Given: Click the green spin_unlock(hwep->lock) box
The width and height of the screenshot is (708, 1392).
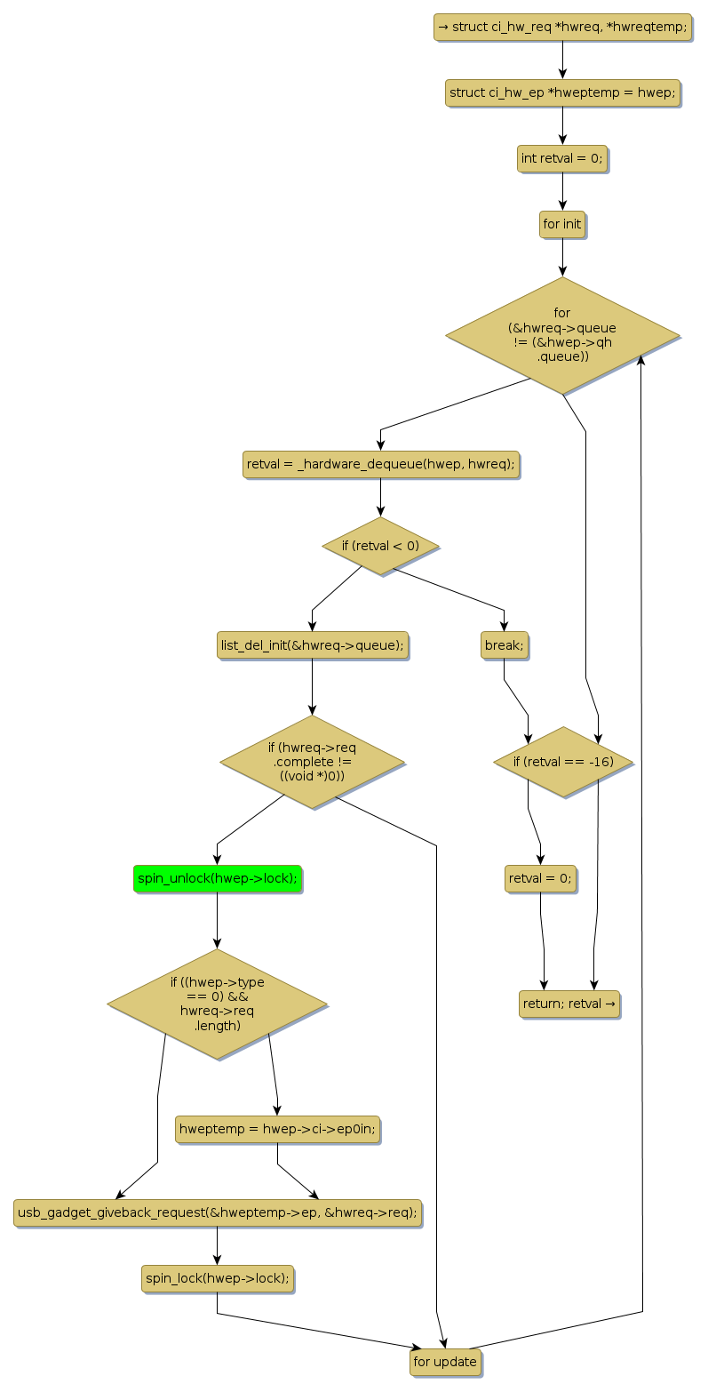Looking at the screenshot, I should [218, 878].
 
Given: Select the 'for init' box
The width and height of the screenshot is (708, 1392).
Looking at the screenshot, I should [562, 224].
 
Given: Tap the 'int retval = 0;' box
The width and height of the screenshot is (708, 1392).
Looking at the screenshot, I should [562, 158].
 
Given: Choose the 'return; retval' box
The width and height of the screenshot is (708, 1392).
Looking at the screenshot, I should [569, 1004].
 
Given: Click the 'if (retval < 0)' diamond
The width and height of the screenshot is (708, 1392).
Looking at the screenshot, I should [380, 546].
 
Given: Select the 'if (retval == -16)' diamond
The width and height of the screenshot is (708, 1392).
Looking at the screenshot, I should [563, 762].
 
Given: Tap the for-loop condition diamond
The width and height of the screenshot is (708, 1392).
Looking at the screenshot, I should [562, 335].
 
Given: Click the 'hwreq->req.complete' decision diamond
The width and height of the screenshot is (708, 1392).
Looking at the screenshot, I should [312, 762].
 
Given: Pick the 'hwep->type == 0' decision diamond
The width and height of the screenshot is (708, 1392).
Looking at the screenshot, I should [218, 1004].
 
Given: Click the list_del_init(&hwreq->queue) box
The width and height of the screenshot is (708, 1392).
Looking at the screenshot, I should [312, 645].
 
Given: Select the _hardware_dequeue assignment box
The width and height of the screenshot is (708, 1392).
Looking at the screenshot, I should [380, 464].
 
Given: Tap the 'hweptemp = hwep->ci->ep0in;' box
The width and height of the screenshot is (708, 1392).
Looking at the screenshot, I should [278, 1129].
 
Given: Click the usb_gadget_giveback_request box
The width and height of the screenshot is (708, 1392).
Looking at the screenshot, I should [218, 1212].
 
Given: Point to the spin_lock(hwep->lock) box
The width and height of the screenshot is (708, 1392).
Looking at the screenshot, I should [218, 1278].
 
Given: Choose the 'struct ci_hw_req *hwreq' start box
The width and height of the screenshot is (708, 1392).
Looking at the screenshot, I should [562, 27].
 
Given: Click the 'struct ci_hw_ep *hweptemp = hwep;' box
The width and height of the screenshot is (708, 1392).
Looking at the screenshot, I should [562, 92].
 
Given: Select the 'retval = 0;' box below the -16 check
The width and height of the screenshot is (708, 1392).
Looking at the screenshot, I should [540, 878].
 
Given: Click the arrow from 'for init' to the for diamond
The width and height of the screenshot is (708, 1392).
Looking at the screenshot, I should [562, 257].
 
